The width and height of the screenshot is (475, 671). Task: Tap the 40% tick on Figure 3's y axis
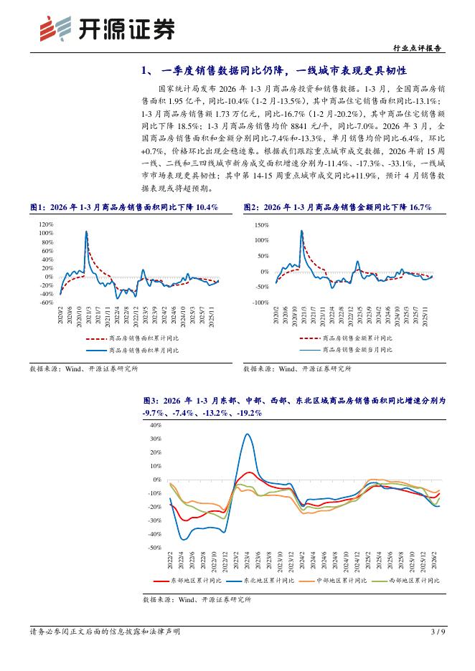155,425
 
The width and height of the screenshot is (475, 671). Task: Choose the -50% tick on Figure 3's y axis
154,548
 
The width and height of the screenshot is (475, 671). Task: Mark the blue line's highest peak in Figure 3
247,434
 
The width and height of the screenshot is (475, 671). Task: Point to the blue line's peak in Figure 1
87,232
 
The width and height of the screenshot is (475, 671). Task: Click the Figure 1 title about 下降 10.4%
123,206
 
